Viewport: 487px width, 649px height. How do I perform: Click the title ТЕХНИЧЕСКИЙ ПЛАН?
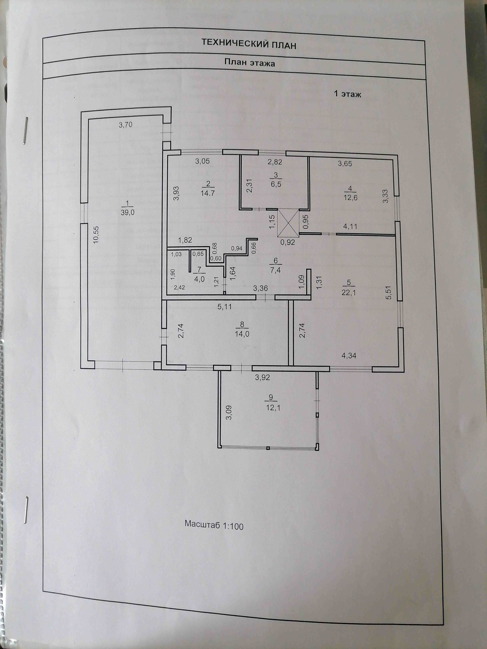pyautogui.click(x=249, y=44)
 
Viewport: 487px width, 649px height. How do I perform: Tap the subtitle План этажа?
pyautogui.click(x=250, y=63)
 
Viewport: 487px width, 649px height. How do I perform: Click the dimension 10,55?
pyautogui.click(x=96, y=235)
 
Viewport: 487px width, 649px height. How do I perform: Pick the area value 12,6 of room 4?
pyautogui.click(x=351, y=197)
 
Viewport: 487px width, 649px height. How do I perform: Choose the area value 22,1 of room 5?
pyautogui.click(x=349, y=292)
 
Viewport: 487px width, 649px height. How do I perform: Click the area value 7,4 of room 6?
pyautogui.click(x=275, y=269)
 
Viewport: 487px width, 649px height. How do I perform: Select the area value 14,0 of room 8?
pyautogui.click(x=242, y=334)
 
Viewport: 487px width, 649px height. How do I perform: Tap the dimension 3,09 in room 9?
pyautogui.click(x=229, y=412)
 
